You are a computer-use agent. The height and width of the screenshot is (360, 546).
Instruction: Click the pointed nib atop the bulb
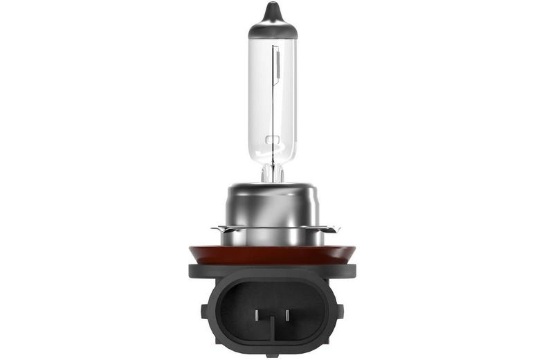pos(273,10)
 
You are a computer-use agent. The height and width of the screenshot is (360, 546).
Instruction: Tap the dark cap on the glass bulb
pos(273,28)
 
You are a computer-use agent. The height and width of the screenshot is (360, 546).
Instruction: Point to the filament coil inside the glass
pos(277,66)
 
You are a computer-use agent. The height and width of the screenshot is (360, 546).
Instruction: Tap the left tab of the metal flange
pos(216,228)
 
